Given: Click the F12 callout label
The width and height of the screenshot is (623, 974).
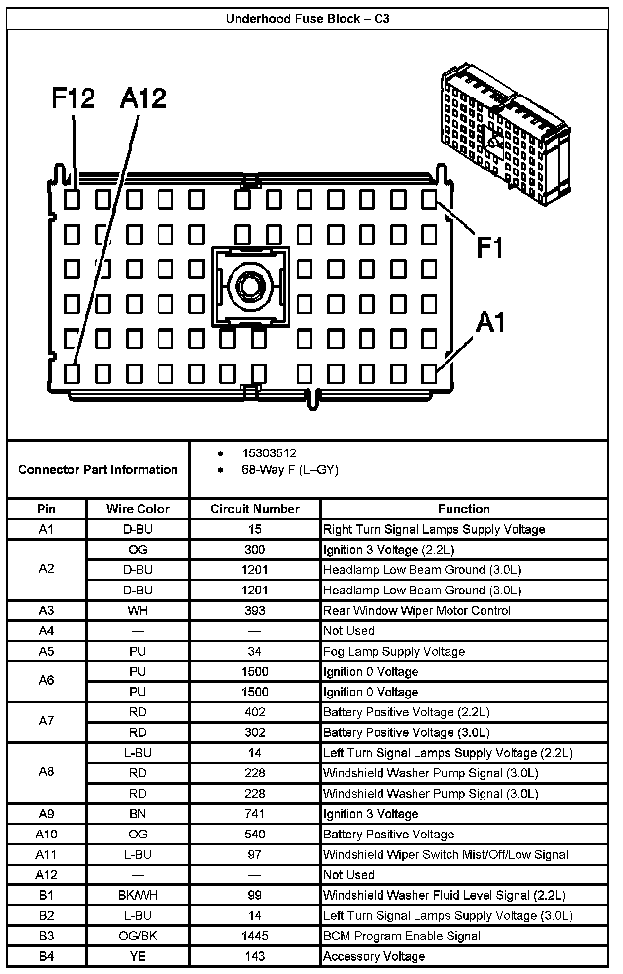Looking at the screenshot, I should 73,98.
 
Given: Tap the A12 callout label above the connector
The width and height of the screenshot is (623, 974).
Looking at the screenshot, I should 143,98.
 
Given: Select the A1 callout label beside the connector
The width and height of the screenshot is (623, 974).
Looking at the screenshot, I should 490,323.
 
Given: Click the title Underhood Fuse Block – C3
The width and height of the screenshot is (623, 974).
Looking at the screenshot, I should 308,19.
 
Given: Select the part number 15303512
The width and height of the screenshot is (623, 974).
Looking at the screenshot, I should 269,453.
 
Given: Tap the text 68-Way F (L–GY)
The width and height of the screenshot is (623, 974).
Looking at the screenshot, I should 290,470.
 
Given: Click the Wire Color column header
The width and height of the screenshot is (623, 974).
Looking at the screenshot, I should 138,509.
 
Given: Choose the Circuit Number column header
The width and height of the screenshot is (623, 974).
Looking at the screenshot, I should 255,509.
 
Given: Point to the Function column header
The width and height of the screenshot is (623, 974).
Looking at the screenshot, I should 464,509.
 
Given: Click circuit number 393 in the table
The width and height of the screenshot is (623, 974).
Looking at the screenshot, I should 255,611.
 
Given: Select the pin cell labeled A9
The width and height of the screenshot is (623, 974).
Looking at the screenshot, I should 46,814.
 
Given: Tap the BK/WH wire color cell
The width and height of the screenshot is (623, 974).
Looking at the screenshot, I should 138,895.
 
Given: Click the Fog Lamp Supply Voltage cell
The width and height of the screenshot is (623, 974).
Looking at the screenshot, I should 394,652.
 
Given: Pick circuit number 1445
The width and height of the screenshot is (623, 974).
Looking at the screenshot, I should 255,936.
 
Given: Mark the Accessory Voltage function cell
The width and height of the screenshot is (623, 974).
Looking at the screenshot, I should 374,956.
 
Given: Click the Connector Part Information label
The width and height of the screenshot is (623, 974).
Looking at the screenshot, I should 98,469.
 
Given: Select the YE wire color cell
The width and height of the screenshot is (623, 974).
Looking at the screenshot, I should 138,956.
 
